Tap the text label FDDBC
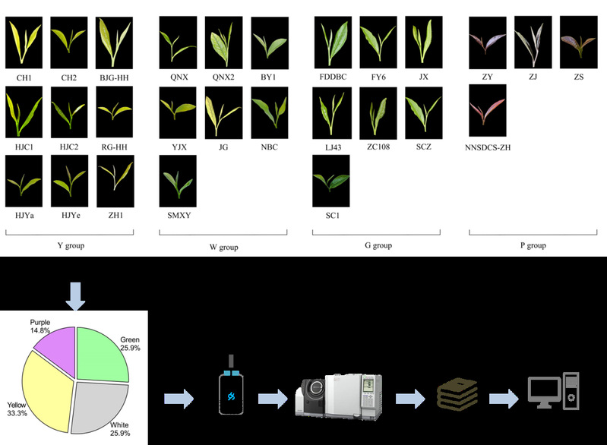point(332,77)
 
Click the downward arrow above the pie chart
point(76,295)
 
